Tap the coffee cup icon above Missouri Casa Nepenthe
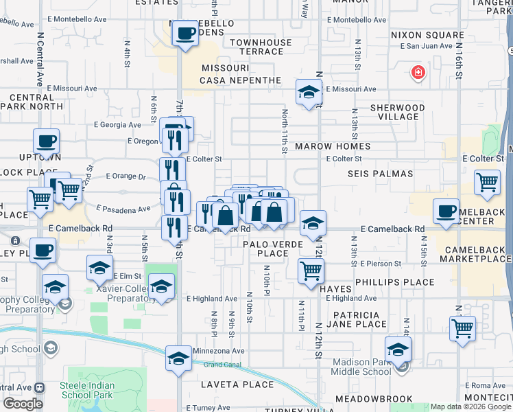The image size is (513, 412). coord(184,33)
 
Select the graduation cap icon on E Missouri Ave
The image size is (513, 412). coord(309,92)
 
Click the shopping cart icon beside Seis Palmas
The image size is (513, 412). coord(487,183)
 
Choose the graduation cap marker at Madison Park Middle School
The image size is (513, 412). coord(398,350)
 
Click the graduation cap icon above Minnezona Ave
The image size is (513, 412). coord(179,358)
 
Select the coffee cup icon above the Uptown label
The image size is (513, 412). coord(47,141)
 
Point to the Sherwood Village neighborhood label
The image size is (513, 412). coord(397,113)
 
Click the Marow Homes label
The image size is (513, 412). coord(333,146)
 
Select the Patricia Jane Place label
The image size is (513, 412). coord(357,319)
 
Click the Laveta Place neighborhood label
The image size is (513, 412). coord(237,385)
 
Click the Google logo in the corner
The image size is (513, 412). coord(23,404)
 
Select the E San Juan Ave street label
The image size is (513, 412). coord(425,46)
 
